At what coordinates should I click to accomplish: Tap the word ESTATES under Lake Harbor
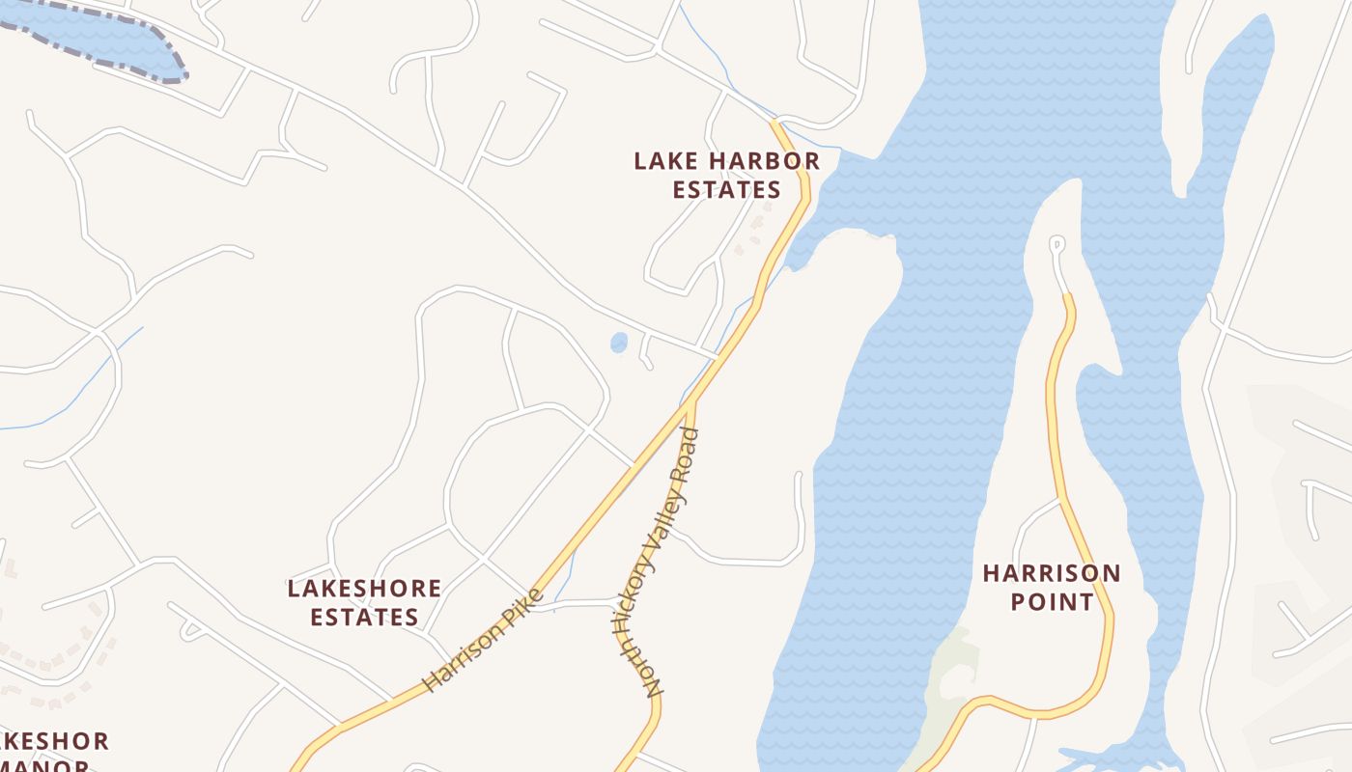tap(726, 189)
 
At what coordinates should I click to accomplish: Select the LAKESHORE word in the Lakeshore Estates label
tap(364, 588)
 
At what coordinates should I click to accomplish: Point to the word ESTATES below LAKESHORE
tap(364, 617)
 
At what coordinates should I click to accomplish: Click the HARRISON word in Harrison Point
tap(1052, 573)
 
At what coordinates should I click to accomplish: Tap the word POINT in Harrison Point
tap(1052, 601)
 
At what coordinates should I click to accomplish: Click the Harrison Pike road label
tap(483, 640)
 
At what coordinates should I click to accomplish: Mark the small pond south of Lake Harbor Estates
tap(619, 343)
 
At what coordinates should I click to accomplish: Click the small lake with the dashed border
tap(97, 39)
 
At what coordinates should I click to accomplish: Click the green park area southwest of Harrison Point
tap(951, 675)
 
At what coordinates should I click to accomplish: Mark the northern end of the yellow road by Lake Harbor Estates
tap(775, 124)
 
